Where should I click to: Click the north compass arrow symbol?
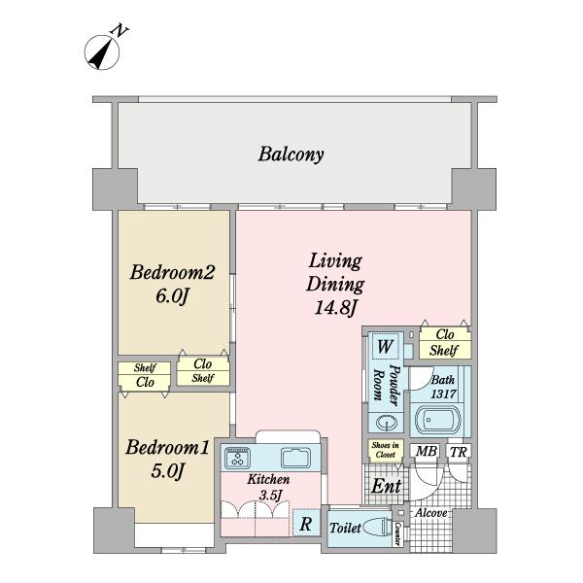(100, 53)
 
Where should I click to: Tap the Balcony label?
(291, 154)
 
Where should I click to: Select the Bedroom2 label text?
(171, 272)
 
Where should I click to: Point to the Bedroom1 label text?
(168, 448)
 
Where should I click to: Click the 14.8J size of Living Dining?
(335, 309)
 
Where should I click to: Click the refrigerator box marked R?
(305, 523)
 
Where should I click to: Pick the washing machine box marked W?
(385, 347)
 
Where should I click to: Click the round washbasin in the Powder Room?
(386, 423)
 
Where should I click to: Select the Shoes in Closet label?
(380, 449)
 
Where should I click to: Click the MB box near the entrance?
(426, 452)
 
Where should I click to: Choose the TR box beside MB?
(457, 452)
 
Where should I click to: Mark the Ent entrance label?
(387, 485)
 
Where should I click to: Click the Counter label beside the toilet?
(398, 532)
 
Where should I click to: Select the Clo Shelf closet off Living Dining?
(445, 343)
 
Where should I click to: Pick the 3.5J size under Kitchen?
(269, 495)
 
